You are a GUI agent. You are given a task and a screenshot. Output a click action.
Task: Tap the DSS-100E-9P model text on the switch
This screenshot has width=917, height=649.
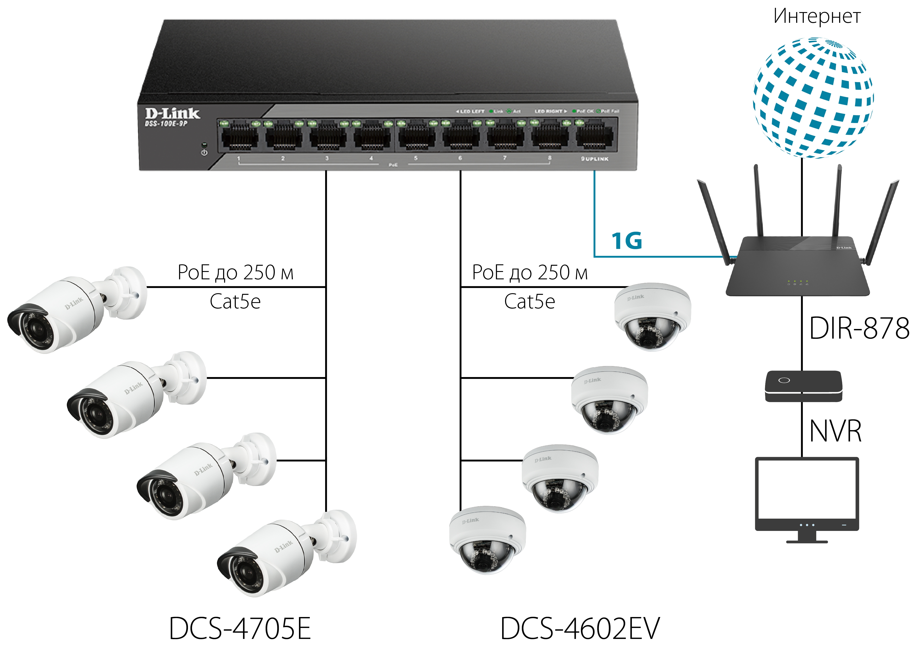click(x=166, y=124)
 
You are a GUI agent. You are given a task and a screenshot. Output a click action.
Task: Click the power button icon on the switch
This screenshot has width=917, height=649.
click(x=204, y=153)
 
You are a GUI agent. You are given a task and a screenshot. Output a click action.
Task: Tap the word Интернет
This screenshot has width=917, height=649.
click(x=817, y=17)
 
